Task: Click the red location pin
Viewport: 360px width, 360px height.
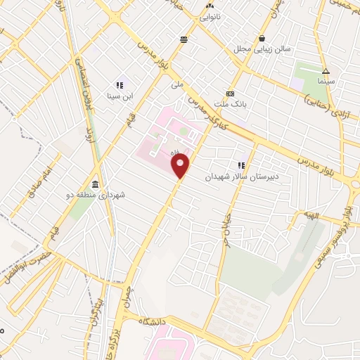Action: pos(181,166)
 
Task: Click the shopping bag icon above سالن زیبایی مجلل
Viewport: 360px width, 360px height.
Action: pos(262,38)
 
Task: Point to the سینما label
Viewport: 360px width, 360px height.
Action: pos(325,82)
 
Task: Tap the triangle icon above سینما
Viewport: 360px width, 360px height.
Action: pos(325,71)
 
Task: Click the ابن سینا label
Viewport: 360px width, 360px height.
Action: pos(119,96)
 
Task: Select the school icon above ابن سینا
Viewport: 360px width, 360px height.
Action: pos(119,85)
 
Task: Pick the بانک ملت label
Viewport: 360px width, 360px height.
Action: pos(229,104)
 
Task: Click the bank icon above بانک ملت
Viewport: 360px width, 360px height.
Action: pos(229,94)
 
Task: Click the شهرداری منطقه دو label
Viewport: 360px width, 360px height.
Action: pos(95,195)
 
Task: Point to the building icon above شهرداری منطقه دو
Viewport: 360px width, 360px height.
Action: pos(95,184)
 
